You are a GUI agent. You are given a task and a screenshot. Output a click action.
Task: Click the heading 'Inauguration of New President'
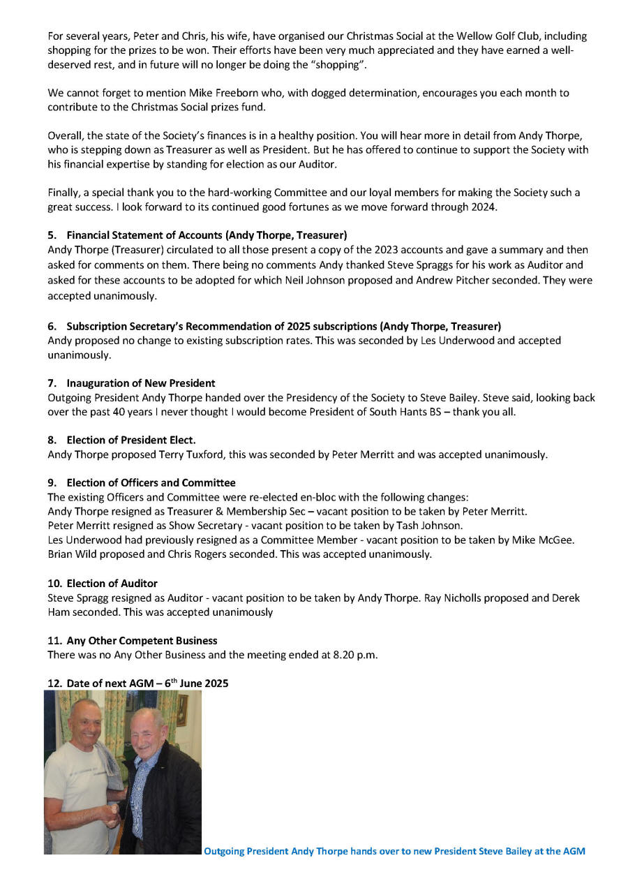coord(141,383)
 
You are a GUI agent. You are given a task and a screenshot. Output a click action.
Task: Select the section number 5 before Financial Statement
coord(52,235)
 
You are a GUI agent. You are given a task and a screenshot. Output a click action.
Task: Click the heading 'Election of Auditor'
coord(112,584)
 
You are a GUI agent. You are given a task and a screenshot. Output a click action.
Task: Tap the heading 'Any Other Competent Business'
coord(142,641)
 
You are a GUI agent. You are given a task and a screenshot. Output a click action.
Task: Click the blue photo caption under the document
coord(394,851)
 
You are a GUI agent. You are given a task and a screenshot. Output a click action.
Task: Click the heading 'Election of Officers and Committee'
coord(151,483)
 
